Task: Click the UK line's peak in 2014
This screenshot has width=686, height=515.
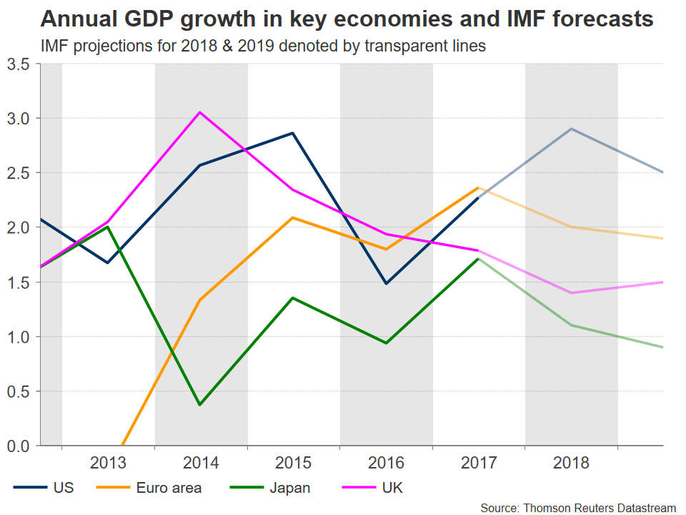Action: [200, 112]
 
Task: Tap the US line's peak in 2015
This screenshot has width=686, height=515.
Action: [292, 133]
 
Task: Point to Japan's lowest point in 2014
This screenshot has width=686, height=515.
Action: [200, 405]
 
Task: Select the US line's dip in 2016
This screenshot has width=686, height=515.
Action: [385, 284]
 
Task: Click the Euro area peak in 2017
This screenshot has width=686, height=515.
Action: [477, 188]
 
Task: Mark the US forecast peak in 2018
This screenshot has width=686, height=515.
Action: [570, 129]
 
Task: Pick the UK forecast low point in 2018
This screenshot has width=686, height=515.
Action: [570, 293]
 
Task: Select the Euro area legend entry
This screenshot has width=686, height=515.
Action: [168, 489]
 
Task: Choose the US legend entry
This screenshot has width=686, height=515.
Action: [63, 489]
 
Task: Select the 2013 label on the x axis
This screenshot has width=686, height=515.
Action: [108, 463]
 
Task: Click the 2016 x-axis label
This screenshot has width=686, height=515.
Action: [385, 463]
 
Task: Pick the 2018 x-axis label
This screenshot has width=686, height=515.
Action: [570, 463]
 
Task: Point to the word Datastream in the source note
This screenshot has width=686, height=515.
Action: [642, 507]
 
